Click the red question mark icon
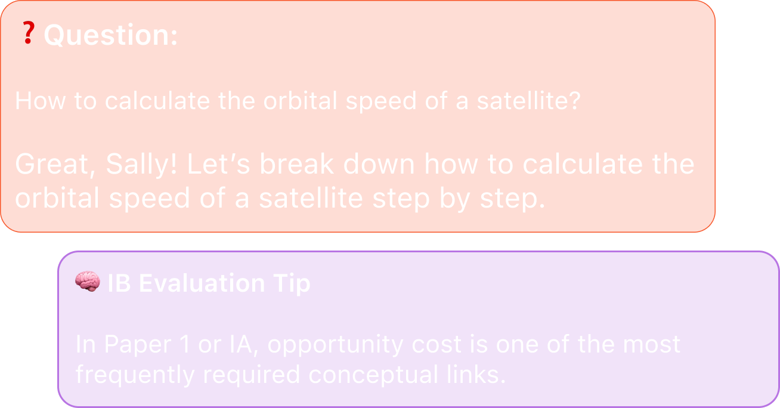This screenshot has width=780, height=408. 29,32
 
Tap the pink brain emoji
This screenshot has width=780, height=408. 88,281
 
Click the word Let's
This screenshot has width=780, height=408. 219,164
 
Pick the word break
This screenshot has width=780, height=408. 297,164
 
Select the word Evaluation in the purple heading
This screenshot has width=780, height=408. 202,283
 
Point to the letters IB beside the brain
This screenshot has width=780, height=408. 119,283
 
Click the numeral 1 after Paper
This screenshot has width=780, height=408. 185,344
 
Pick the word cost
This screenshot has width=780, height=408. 437,344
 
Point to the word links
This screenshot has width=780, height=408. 476,375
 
